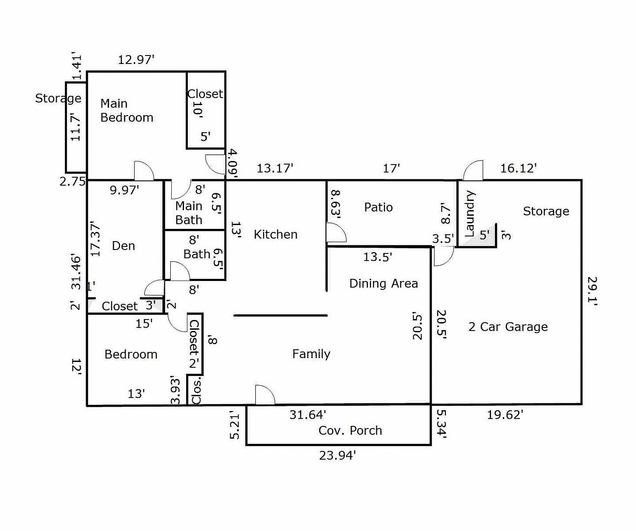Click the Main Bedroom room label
pos(126,111)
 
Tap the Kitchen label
pos(276,234)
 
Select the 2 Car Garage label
pos(508,327)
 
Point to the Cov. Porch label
pos(350,431)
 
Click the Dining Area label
pos(383,284)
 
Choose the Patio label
pos(378,207)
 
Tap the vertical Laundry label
pos(470,214)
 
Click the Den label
pos(123,246)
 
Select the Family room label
pos(311,354)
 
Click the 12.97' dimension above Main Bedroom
pos(136,60)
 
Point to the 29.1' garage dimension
pos(592,291)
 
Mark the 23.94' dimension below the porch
pos(337,456)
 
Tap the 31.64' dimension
pos(307,414)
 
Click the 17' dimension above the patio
pos(391,168)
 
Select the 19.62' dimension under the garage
pos(505,414)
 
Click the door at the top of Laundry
pos(473,171)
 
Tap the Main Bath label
pos(189,213)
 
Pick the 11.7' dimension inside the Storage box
pos(75,127)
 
